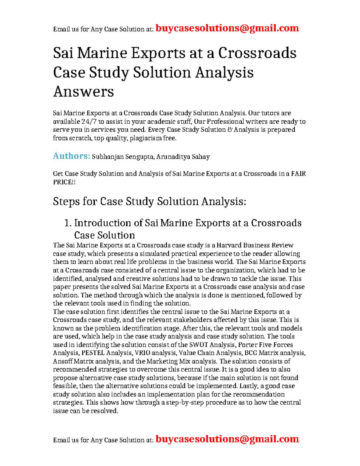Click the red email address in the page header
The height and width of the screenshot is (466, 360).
tap(227, 28)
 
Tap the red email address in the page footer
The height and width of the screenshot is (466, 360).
tap(227, 439)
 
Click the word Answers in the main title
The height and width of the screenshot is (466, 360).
tap(83, 91)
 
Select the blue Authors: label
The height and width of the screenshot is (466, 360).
tap(71, 156)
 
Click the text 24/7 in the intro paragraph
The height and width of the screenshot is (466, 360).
tap(89, 122)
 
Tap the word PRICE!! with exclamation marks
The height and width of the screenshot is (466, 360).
tap(64, 182)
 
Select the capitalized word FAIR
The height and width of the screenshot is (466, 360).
tap(298, 174)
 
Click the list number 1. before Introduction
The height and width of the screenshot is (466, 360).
tap(68, 223)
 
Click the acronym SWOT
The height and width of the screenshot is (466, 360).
tap(198, 344)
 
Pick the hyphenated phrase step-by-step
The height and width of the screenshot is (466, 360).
tap(179, 402)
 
